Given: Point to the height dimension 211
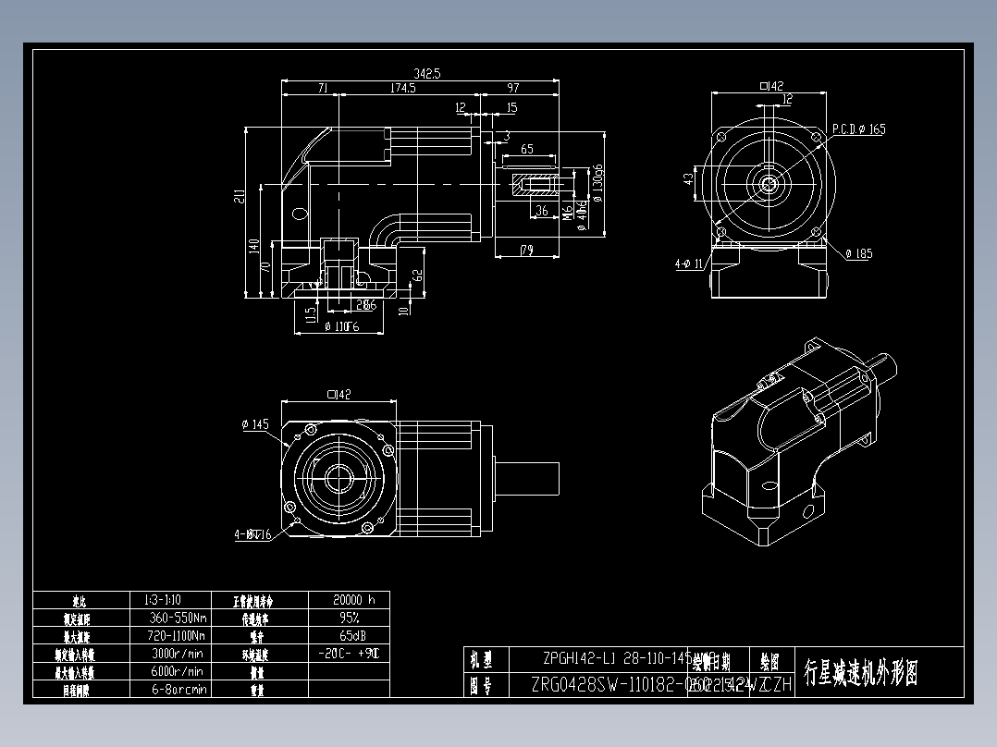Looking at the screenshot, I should tap(240, 195).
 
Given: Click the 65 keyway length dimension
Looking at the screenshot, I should tap(527, 149).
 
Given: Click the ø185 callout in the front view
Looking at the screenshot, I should tap(858, 253).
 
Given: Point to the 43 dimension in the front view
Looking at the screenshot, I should tap(688, 178).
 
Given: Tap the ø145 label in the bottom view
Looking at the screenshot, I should tap(254, 424).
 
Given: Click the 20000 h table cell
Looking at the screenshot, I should tap(349, 599).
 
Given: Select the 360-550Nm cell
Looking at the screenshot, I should tap(177, 618).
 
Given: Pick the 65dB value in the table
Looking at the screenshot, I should tap(349, 636).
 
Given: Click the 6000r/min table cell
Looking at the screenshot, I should tap(177, 671).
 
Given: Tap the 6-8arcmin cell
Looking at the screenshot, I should tap(177, 689).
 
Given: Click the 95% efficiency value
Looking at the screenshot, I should tap(349, 618).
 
